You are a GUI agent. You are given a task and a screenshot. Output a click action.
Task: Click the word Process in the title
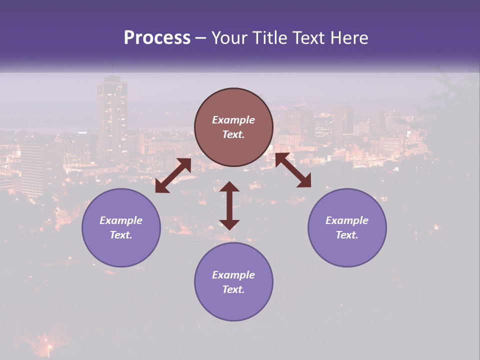point(157,38)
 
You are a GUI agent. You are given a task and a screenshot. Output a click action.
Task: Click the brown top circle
point(233,127)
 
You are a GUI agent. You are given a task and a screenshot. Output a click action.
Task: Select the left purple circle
point(121,227)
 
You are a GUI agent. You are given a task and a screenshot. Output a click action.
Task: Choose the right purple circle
point(347,227)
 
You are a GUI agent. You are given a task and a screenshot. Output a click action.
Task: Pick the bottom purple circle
point(233,281)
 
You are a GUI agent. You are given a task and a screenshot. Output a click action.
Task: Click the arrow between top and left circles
point(173,176)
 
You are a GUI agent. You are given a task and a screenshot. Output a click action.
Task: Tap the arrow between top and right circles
point(293,170)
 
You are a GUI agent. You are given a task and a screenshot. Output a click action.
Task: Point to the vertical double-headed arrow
point(229,205)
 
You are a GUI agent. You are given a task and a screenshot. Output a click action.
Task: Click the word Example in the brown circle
point(233,120)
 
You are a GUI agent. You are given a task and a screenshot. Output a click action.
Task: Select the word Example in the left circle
point(121,220)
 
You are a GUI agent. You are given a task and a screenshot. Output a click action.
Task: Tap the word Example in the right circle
point(347,220)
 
